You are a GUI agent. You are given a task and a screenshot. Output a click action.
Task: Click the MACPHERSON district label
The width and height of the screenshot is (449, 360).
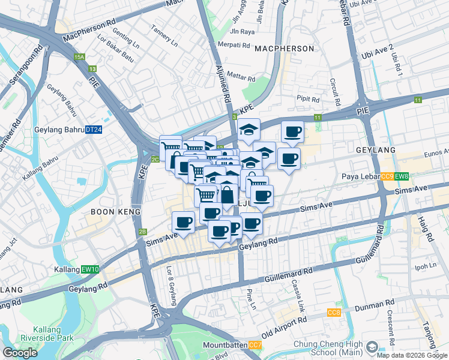(x=284, y=48)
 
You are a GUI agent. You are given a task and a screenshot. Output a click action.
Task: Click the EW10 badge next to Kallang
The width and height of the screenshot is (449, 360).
(x=91, y=269)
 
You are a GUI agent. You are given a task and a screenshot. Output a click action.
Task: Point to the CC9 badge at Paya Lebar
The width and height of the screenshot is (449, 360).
(x=387, y=176)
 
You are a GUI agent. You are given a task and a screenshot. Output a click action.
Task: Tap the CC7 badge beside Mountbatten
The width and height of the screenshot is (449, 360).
(x=255, y=345)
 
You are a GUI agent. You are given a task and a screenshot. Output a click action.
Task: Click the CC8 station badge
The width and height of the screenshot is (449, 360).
(x=334, y=313)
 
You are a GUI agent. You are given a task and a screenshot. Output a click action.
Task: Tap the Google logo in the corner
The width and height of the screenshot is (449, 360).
(x=20, y=353)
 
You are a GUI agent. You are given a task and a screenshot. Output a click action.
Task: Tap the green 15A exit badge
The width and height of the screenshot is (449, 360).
(x=79, y=57)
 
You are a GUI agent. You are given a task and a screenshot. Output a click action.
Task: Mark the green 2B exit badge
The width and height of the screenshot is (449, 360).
(x=143, y=232)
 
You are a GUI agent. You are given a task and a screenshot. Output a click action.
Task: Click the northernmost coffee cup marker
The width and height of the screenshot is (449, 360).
(x=292, y=131)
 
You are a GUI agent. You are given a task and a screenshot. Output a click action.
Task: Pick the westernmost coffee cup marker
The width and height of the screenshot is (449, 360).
(x=184, y=223)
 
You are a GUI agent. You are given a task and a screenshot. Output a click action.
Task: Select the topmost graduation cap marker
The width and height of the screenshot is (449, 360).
(x=249, y=129)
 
